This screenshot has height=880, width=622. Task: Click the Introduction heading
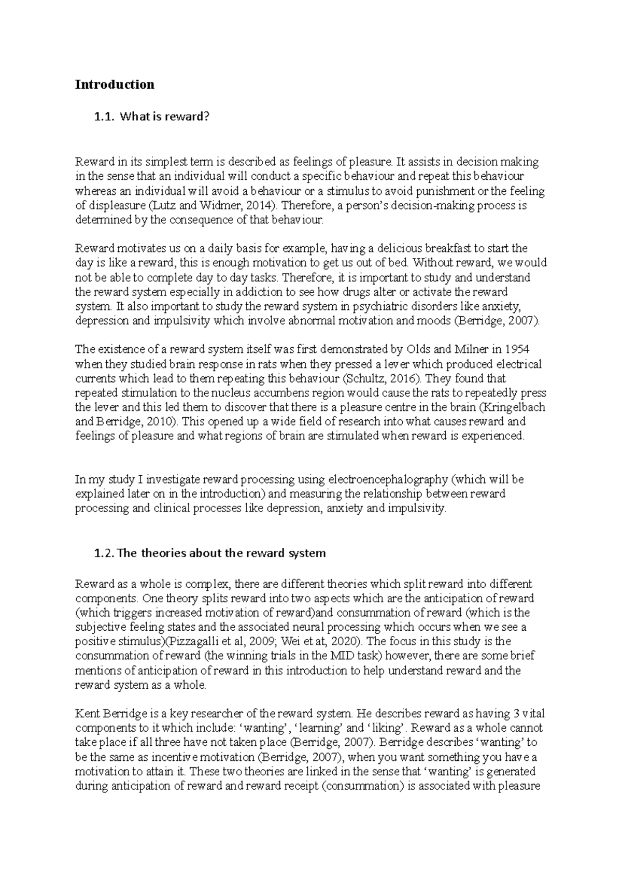pyautogui.click(x=115, y=84)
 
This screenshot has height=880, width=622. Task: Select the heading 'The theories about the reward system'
pyautogui.click(x=222, y=553)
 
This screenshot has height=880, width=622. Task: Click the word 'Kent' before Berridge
pyautogui.click(x=87, y=714)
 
